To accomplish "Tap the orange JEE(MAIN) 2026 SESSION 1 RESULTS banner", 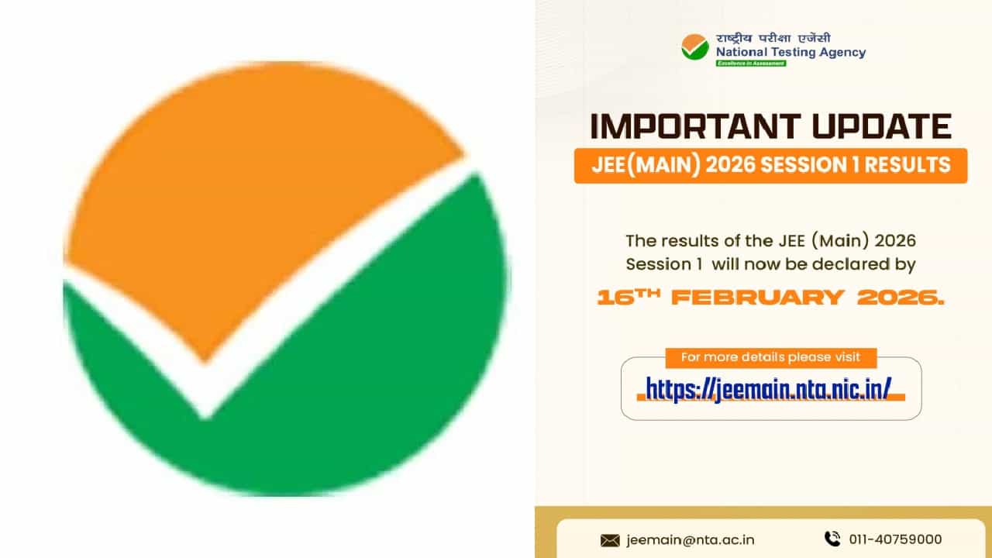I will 770,165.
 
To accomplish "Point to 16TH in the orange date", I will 627,298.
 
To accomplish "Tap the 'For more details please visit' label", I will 770,357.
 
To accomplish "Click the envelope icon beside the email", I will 610,540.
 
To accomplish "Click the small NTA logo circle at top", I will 694,47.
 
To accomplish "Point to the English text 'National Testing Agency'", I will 790,53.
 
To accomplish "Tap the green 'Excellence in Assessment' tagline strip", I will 750,64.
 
